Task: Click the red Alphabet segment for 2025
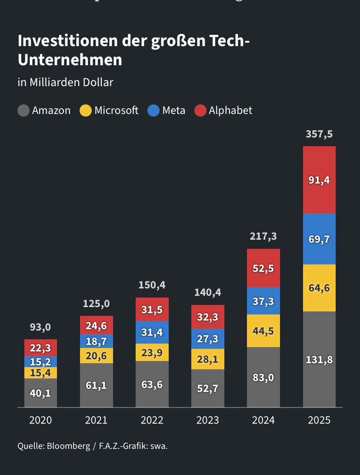319,180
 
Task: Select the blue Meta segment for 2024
263,301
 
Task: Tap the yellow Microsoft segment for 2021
96,355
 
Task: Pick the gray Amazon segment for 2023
208,388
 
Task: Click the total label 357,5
319,134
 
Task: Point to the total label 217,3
263,237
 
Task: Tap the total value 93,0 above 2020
40,327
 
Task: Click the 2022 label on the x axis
152,420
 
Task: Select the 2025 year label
319,420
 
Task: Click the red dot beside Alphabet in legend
200,110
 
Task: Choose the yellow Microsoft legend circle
86,110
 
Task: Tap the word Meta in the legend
173,110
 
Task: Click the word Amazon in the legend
51,110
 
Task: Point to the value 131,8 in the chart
319,360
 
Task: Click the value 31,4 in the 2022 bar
152,332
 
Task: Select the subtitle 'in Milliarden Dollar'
65,82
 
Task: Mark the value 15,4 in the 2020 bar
40,373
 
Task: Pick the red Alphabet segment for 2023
208,317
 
